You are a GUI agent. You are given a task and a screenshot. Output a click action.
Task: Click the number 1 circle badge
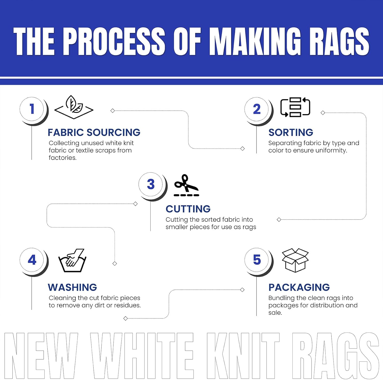pos(32,109)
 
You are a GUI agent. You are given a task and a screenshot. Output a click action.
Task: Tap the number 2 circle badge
pos(257,109)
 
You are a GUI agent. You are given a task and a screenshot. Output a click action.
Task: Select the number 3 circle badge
pos(151,184)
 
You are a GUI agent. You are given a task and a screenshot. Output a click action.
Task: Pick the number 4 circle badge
pos(32,260)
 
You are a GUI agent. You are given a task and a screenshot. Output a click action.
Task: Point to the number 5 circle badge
pos(257,260)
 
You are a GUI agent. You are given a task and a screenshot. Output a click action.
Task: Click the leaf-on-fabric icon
pos(74,107)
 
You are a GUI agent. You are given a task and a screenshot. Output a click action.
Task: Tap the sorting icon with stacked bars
pos(295,107)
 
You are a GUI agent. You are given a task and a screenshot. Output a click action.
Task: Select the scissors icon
pos(186,185)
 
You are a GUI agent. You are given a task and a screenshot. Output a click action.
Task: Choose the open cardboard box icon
pos(295,260)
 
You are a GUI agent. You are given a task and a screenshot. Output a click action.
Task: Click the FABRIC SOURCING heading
pos(94,132)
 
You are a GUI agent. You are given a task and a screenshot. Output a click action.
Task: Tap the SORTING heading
pos(291,132)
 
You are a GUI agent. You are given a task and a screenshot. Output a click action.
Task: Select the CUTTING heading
pos(188,209)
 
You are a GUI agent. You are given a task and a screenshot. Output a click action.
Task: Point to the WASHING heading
pos(72,287)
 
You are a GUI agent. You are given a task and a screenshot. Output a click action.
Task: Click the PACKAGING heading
pos(299,287)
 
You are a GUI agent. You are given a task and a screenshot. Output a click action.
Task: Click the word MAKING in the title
pos(256,41)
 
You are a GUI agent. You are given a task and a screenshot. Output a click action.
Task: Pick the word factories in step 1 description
pos(63,158)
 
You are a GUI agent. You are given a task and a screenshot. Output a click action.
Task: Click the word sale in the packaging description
pos(275,313)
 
